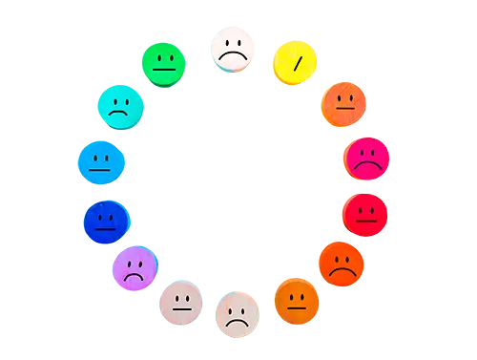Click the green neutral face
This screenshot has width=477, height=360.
(164, 62)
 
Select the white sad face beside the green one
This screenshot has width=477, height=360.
(233, 50)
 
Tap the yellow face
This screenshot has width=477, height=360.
(297, 62)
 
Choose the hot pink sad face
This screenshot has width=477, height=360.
(365, 159)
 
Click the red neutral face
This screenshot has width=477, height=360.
(365, 213)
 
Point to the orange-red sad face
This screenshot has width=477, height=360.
(341, 263)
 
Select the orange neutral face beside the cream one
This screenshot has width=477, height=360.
(298, 302)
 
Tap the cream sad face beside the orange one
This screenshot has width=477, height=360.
(238, 314)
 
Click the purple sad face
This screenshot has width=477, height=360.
(135, 267)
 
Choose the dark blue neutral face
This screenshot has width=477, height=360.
(105, 222)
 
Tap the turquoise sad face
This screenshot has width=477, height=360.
(120, 105)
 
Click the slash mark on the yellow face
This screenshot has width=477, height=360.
(299, 63)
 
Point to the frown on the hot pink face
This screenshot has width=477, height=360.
(365, 166)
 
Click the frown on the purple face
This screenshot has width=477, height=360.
(135, 275)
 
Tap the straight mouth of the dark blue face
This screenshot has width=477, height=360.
(105, 229)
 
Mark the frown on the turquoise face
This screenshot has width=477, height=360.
(119, 114)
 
